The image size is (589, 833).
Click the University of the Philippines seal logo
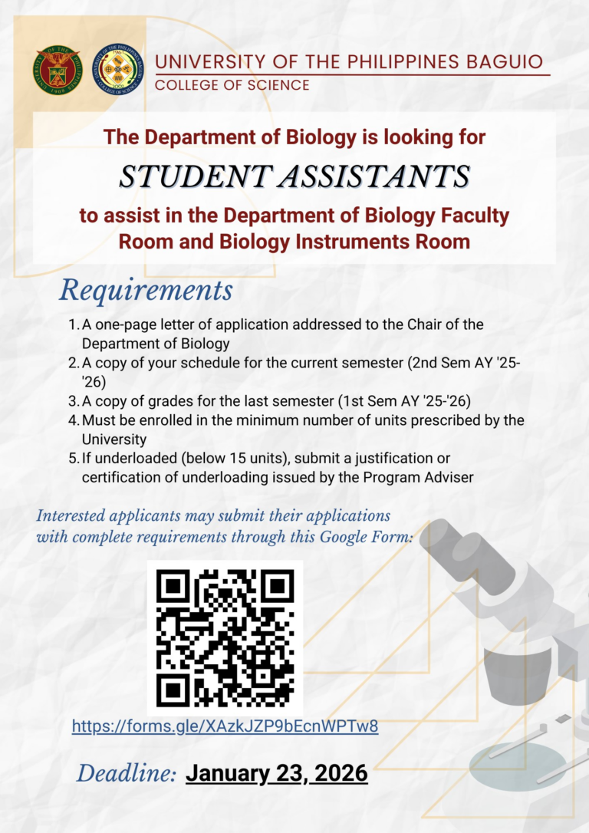57,69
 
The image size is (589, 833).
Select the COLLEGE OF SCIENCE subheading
232,85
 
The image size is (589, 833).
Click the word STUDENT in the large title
183,176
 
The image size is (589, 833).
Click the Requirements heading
146,290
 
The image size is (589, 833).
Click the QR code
225,637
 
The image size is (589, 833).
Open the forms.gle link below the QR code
225,726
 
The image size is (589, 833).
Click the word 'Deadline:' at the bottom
127,773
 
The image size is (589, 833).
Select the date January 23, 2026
277,773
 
